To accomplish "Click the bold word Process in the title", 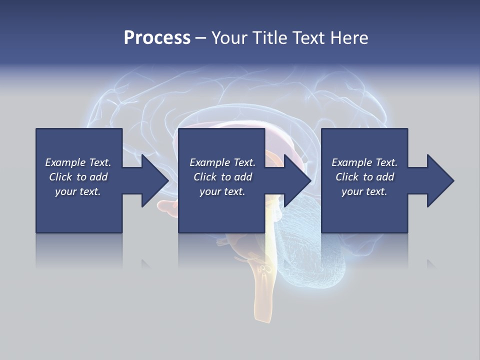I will coord(157,38).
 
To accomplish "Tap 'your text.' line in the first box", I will coord(78,191).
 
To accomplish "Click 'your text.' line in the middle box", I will coord(222,191).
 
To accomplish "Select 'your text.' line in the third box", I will coord(364,191).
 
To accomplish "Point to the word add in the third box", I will coord(385,177).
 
